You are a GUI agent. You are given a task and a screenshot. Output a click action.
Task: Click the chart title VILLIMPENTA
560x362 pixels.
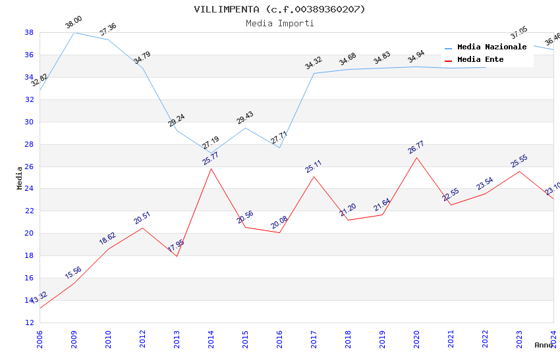point(279,9)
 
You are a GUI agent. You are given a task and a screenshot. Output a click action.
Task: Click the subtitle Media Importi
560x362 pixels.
point(279,24)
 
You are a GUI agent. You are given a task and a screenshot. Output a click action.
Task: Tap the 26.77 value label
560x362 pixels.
point(416,147)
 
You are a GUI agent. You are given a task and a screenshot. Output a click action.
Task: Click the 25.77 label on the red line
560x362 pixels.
point(210,158)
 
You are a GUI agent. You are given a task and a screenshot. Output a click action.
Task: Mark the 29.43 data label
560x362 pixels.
point(244,118)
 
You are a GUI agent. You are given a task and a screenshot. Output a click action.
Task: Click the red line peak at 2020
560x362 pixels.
point(416,157)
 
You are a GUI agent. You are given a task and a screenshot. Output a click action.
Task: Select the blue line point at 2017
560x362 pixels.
point(314,73)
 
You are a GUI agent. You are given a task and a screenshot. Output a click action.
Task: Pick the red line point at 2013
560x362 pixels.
point(177,256)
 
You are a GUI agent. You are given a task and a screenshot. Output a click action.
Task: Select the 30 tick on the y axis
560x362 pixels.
point(30,122)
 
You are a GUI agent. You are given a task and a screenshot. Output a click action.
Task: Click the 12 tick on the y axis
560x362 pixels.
point(30,323)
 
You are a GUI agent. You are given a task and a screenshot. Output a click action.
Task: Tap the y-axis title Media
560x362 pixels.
point(20,178)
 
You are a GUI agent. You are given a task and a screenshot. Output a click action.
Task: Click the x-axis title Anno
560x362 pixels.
point(544,345)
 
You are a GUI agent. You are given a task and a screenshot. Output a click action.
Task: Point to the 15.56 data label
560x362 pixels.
point(73,272)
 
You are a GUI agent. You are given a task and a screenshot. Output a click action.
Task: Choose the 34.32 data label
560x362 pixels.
point(313,63)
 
